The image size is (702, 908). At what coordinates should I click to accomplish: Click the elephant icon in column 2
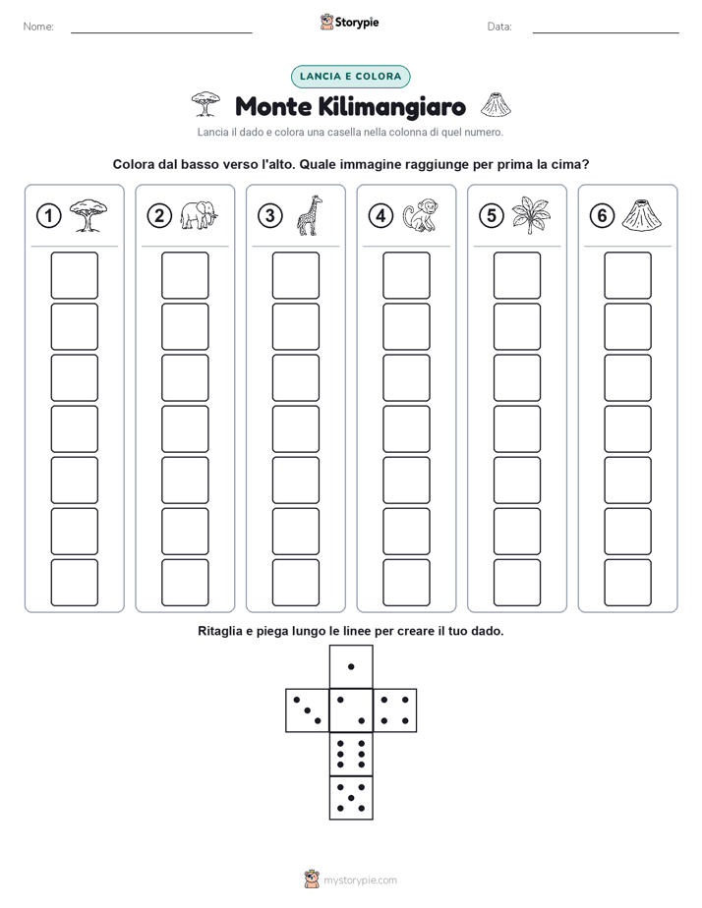pos(199,215)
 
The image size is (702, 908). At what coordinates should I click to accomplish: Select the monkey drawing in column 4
pos(421,215)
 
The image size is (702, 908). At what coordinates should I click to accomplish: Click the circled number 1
pos(48,216)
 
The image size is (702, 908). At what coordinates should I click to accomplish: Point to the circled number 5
pos(492,216)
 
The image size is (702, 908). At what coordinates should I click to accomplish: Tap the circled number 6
pos(602,216)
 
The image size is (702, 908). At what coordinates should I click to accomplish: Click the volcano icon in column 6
pos(642,215)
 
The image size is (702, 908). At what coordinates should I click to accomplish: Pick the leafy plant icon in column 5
pos(531,215)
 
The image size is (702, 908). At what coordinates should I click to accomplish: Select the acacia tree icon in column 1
pos(88,215)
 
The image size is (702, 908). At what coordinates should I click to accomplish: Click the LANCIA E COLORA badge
pos(350,77)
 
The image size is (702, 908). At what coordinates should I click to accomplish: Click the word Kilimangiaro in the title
pos(392,107)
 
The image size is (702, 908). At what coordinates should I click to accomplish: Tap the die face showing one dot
pos(351,666)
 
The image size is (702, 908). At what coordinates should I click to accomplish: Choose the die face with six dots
pos(351,754)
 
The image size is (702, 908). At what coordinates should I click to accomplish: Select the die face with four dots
pos(395,710)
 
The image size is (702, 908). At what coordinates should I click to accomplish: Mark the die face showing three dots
pos(308,710)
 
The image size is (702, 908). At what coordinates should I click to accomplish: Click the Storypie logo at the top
pos(349,23)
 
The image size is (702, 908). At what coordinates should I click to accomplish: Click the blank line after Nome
pos(161,32)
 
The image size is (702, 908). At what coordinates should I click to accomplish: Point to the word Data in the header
pos(499,27)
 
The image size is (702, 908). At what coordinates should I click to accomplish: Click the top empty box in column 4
pos(407,275)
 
